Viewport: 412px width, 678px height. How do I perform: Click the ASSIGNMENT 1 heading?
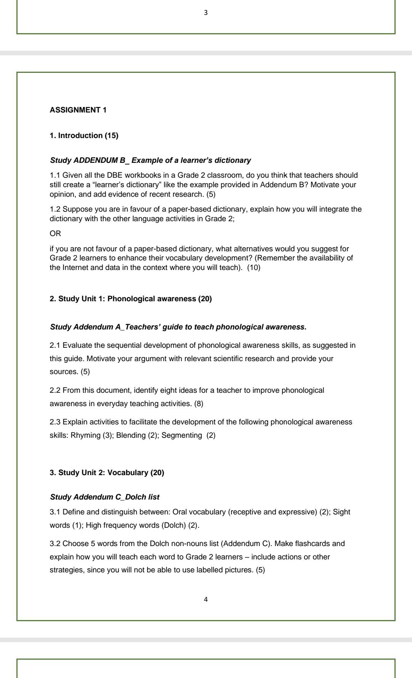click(x=78, y=110)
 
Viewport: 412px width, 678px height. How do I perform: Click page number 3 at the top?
click(x=206, y=13)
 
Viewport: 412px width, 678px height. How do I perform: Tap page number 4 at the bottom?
click(x=206, y=599)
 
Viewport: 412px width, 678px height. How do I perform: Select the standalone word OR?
click(x=55, y=233)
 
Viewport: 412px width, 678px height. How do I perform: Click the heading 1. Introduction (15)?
click(x=84, y=136)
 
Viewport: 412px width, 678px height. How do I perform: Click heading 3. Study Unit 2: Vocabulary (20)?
click(x=107, y=473)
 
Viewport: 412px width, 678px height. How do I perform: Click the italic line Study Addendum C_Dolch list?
click(x=105, y=497)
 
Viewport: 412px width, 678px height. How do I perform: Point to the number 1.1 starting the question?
click(x=55, y=175)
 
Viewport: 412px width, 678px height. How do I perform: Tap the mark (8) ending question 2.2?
click(x=199, y=404)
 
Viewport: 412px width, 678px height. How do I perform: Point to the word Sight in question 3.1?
click(x=341, y=512)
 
